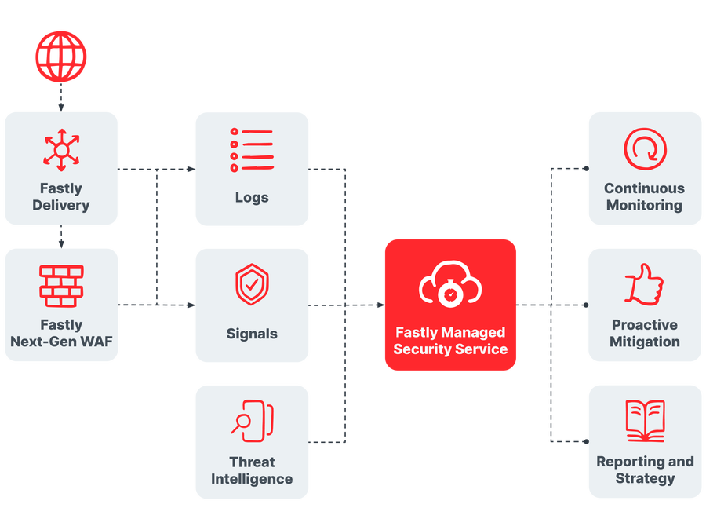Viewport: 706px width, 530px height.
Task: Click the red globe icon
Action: (61, 57)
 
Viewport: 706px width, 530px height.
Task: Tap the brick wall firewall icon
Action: (61, 286)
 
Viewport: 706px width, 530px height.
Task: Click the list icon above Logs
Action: (251, 149)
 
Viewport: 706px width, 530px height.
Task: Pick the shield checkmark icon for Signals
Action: (251, 285)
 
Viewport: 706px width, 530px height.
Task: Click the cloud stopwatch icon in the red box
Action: (449, 285)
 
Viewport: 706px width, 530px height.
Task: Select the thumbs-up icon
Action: (644, 284)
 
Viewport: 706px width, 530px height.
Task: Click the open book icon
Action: (645, 421)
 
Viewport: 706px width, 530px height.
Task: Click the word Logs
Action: (251, 197)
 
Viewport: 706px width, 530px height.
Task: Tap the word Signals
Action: (251, 334)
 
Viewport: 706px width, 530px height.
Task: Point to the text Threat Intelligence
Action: (251, 470)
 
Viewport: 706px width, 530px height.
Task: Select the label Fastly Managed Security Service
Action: (450, 341)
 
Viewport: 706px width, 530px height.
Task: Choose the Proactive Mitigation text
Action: (645, 333)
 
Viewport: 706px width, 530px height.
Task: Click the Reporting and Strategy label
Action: (645, 470)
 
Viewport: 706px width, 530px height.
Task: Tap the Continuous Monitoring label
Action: (645, 196)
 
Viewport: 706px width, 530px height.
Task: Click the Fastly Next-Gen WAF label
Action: (61, 333)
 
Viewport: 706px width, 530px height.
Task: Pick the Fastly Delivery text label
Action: (61, 196)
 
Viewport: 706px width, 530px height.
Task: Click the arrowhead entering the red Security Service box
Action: (379, 305)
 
